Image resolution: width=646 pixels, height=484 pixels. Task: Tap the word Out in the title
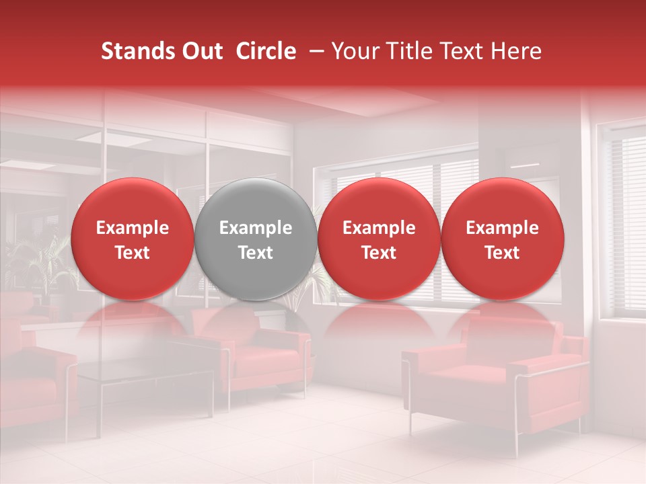[x=201, y=52]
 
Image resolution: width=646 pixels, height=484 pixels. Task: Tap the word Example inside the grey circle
[x=256, y=228]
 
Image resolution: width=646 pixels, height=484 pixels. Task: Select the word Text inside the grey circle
[x=256, y=253]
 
